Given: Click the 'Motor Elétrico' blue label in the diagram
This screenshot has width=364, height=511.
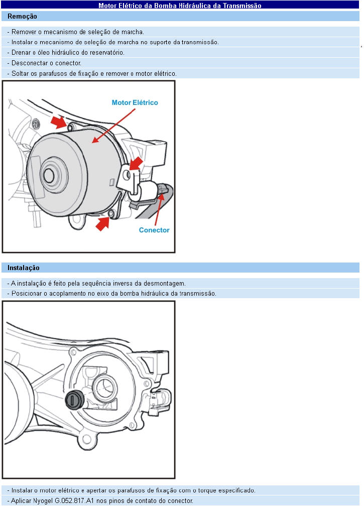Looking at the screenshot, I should point(135,102).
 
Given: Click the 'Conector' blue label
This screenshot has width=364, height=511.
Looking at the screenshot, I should point(154,230).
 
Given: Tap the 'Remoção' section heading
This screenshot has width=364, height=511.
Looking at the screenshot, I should point(22,17).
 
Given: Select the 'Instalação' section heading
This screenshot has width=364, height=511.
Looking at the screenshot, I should point(24,268).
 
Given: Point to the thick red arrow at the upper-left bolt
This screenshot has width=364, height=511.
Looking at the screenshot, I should point(59,121).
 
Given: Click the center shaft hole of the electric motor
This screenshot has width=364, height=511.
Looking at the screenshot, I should point(49,175).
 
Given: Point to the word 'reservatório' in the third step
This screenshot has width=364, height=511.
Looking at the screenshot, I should point(107,53).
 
